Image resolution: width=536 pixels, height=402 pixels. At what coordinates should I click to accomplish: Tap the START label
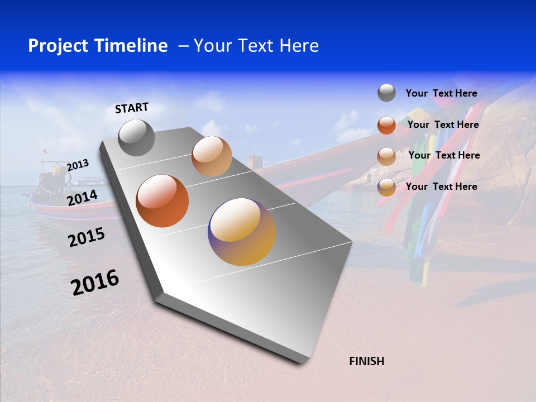(x=132, y=108)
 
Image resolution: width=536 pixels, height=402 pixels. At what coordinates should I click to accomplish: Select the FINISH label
(x=366, y=361)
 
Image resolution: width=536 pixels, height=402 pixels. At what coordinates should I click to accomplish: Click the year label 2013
(x=78, y=165)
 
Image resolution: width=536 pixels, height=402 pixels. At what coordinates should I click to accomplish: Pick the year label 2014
(x=82, y=198)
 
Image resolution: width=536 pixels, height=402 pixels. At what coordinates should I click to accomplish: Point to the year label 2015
(x=86, y=237)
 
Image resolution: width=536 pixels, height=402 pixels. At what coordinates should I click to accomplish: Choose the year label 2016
(x=95, y=282)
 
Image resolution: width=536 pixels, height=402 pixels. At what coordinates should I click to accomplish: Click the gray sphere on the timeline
(x=136, y=137)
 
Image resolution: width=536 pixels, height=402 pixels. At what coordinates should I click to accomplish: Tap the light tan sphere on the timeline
(x=212, y=156)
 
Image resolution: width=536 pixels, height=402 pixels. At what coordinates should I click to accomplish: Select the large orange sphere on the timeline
(x=162, y=201)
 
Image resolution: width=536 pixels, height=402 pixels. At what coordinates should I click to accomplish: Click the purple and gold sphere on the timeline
(x=242, y=232)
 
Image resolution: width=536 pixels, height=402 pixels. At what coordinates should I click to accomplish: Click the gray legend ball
(x=386, y=93)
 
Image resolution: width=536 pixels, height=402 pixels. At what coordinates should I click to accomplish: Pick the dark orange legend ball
(x=386, y=125)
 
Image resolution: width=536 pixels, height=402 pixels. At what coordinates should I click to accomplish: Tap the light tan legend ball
(x=386, y=156)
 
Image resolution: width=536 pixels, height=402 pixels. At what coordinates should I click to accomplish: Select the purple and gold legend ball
(x=386, y=187)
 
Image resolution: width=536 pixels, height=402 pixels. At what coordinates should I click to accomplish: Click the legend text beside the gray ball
(x=441, y=93)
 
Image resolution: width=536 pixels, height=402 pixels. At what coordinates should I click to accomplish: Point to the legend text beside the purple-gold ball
(x=441, y=186)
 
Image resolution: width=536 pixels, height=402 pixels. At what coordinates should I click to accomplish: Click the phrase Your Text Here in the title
(x=256, y=46)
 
